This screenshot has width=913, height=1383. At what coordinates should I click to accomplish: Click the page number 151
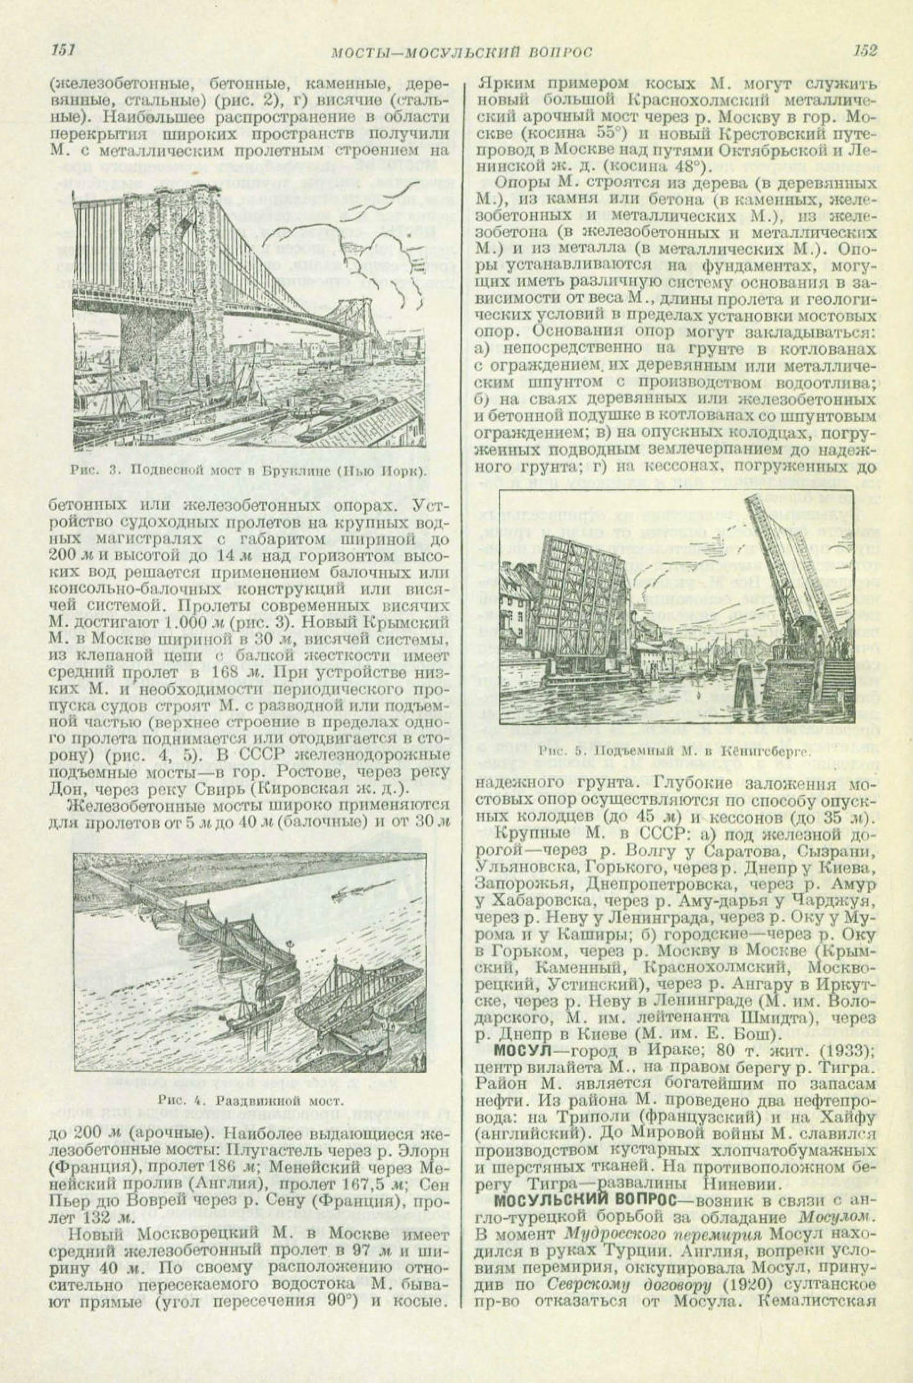(x=62, y=51)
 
